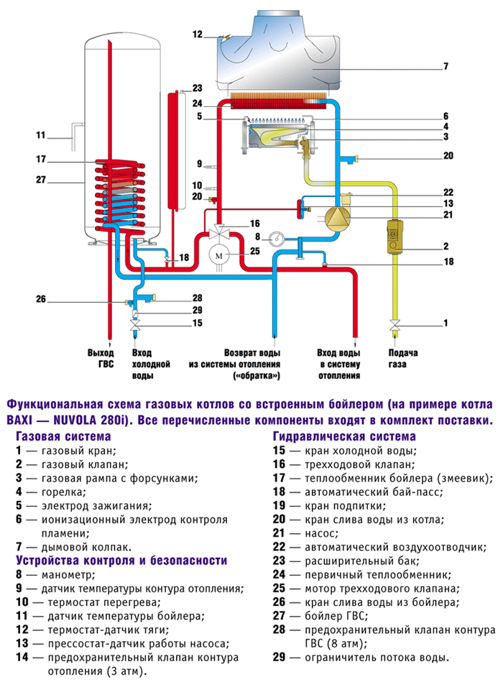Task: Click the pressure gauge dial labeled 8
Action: [x=276, y=238]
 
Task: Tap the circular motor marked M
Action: [x=218, y=256]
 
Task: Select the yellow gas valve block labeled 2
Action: [x=394, y=236]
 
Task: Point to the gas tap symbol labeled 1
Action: [x=394, y=325]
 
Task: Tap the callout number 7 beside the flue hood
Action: [x=446, y=66]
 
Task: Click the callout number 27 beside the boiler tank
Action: [x=41, y=180]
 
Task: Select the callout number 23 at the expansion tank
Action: [x=198, y=88]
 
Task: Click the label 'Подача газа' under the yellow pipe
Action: [x=402, y=359]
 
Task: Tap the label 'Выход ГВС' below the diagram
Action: [x=101, y=359]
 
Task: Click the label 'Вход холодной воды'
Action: [x=150, y=364]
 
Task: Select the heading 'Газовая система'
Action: [x=63, y=436]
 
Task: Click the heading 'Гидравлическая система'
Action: [x=344, y=436]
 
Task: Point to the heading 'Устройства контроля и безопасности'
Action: [x=121, y=561]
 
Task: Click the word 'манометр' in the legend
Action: [x=68, y=575]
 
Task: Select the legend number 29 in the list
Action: [x=279, y=657]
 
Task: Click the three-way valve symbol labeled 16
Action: [x=218, y=233]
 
